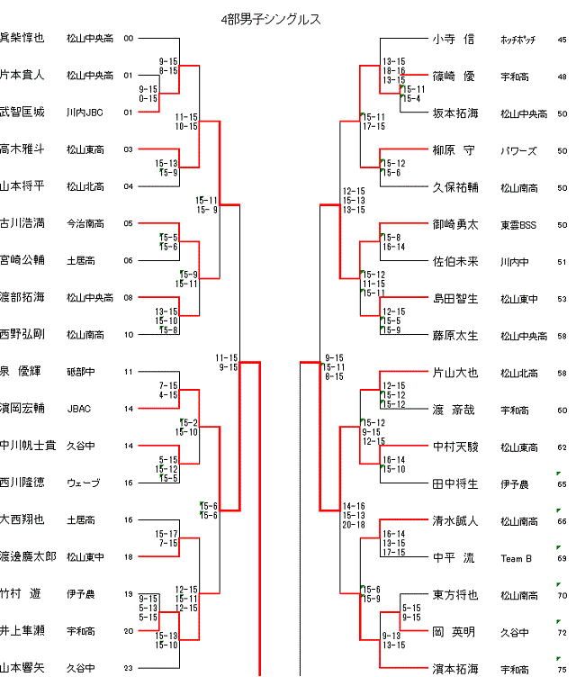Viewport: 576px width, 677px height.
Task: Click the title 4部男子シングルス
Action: (x=270, y=19)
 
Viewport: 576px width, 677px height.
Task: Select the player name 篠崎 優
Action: (x=454, y=77)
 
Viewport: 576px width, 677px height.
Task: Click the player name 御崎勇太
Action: (x=454, y=224)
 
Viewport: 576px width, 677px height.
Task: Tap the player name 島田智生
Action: (x=454, y=299)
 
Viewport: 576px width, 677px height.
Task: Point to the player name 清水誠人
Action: (x=454, y=520)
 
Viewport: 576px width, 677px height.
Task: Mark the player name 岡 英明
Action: (x=454, y=632)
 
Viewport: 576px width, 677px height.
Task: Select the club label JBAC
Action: (x=79, y=409)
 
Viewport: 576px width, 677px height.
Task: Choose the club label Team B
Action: (x=517, y=559)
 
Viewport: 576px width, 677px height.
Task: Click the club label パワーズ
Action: (x=517, y=151)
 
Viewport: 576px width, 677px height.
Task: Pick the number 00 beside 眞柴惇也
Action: (x=128, y=39)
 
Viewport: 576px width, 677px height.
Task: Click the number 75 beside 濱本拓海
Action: (x=562, y=670)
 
